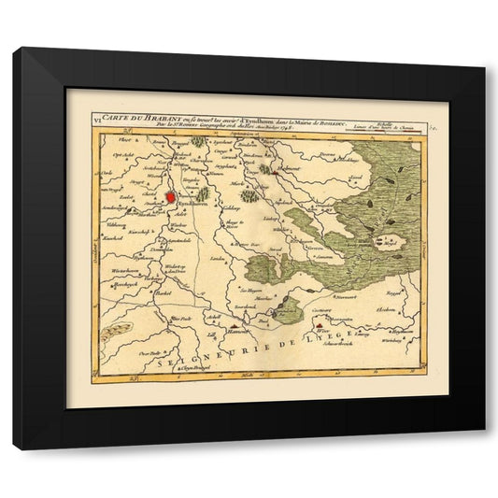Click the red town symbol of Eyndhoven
(x=170, y=197)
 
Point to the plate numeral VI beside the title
(x=96, y=119)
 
